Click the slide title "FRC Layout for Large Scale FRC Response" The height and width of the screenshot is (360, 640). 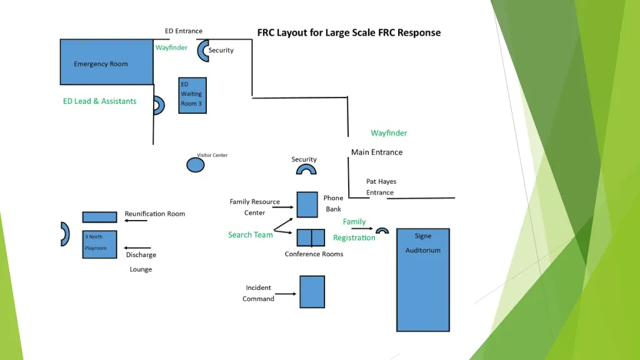point(349,32)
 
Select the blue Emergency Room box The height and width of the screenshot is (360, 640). point(106,62)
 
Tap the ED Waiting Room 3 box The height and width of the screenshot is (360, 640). point(192,95)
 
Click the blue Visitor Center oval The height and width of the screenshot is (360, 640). point(196,165)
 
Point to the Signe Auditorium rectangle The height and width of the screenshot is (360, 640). point(423,279)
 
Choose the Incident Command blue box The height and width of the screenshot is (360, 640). point(312,292)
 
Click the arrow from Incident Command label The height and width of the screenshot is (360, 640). point(286,294)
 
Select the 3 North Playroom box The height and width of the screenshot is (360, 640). point(99,244)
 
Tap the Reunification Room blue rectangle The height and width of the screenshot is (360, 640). point(99,217)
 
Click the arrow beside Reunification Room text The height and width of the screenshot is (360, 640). point(136,221)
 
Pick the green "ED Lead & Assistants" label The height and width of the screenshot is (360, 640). point(99,101)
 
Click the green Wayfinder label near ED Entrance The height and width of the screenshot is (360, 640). point(171,47)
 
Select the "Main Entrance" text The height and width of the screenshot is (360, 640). point(377,152)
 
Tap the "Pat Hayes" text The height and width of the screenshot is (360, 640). point(381,181)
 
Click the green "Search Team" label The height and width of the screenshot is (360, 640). point(250,235)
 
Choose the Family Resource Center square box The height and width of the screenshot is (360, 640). point(307,204)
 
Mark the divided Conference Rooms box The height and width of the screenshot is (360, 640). point(311,237)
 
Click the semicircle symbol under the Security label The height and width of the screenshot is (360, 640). point(306,169)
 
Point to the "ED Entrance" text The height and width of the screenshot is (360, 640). point(183,31)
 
